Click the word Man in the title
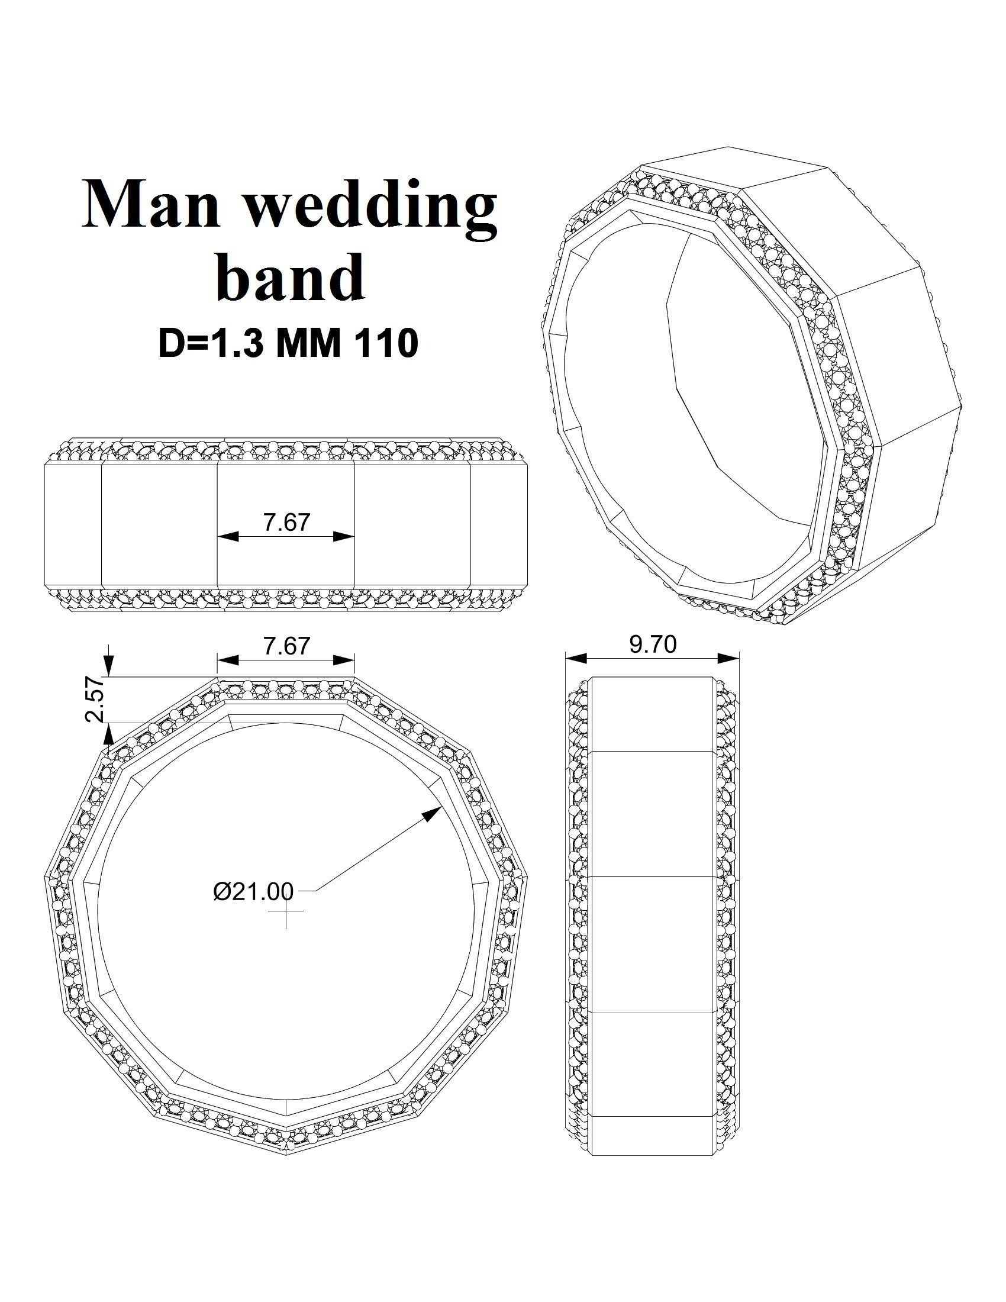click(151, 204)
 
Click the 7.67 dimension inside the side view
click(286, 522)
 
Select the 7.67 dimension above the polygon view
click(286, 646)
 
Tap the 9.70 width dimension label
click(653, 644)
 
